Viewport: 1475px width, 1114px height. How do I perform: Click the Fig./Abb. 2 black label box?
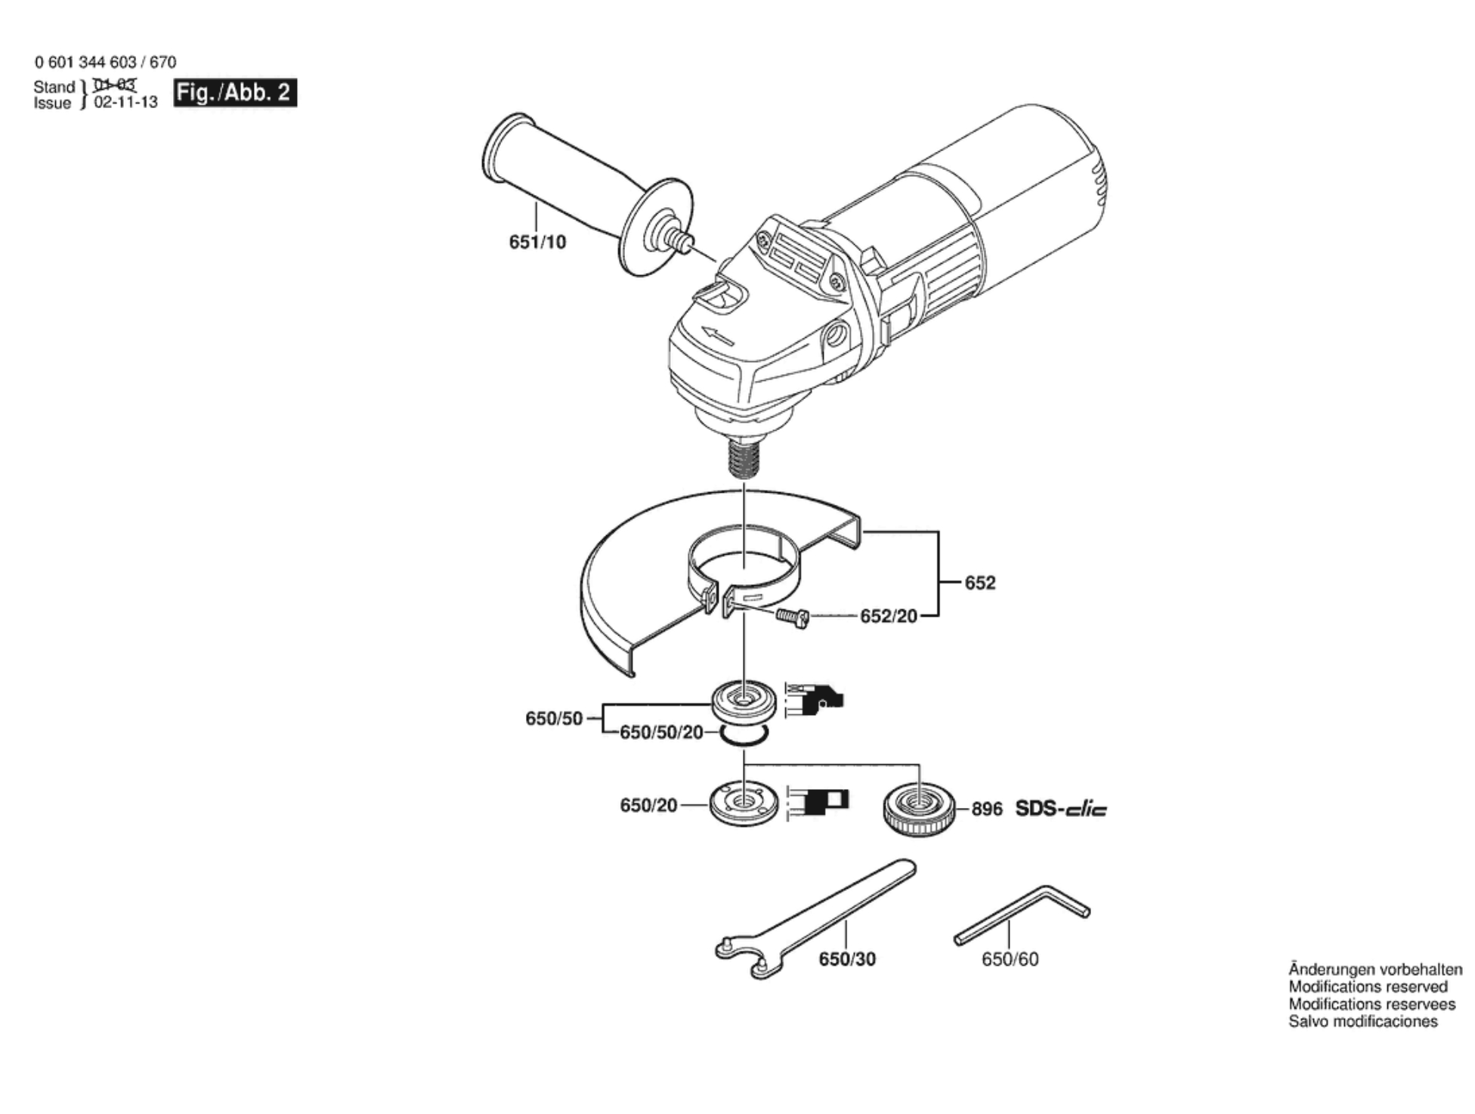(235, 93)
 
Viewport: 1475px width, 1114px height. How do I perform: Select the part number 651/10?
(537, 243)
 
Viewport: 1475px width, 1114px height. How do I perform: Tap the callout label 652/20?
(889, 617)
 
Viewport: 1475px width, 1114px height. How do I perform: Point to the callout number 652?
(980, 583)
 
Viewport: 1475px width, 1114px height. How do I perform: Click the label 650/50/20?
(661, 732)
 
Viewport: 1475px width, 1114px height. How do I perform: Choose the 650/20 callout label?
(648, 806)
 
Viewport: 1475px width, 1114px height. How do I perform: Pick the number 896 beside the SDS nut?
(987, 809)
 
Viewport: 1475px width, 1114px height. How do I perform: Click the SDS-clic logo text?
(1061, 809)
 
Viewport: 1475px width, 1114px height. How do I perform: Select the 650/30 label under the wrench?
(847, 959)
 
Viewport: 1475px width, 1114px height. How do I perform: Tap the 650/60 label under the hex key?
(1010, 959)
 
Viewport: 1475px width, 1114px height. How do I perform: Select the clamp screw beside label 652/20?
(793, 617)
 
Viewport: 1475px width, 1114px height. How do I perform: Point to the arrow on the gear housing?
(717, 336)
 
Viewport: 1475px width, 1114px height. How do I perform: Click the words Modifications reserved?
(1368, 986)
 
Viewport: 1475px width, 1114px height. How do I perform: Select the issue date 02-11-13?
(125, 103)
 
